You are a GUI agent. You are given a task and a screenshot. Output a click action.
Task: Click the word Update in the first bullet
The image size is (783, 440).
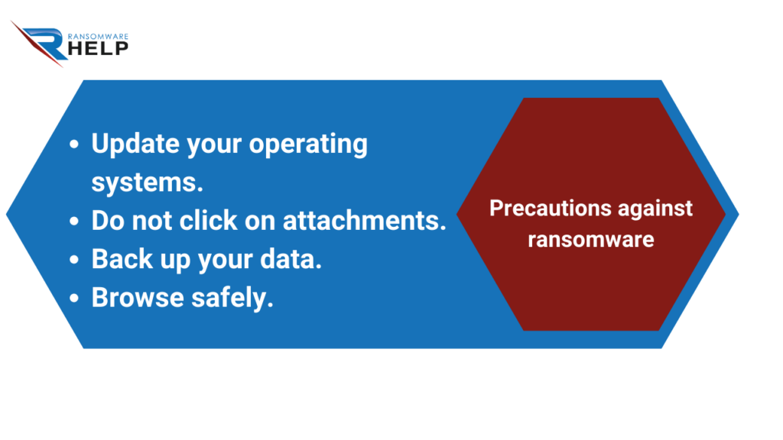pos(135,144)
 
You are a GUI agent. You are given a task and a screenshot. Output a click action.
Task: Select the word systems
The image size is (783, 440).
pos(148,183)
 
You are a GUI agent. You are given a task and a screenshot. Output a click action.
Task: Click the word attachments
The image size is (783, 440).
pos(365,221)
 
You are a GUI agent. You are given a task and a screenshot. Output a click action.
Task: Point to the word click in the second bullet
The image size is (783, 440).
pos(208,221)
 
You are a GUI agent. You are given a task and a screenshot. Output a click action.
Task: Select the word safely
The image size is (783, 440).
pos(232,299)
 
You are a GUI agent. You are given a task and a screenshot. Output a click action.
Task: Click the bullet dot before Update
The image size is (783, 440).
pos(74,144)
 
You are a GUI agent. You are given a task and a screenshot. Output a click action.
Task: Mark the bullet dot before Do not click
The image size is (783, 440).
pos(74,221)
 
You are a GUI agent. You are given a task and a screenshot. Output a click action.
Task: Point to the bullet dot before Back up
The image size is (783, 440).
pos(74,260)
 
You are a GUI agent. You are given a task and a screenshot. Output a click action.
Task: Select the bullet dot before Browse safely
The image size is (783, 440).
pos(74,298)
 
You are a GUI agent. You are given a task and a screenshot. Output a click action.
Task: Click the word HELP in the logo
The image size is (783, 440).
pos(98,48)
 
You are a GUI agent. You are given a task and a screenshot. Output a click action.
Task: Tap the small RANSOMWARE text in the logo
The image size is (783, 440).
pos(98,37)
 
